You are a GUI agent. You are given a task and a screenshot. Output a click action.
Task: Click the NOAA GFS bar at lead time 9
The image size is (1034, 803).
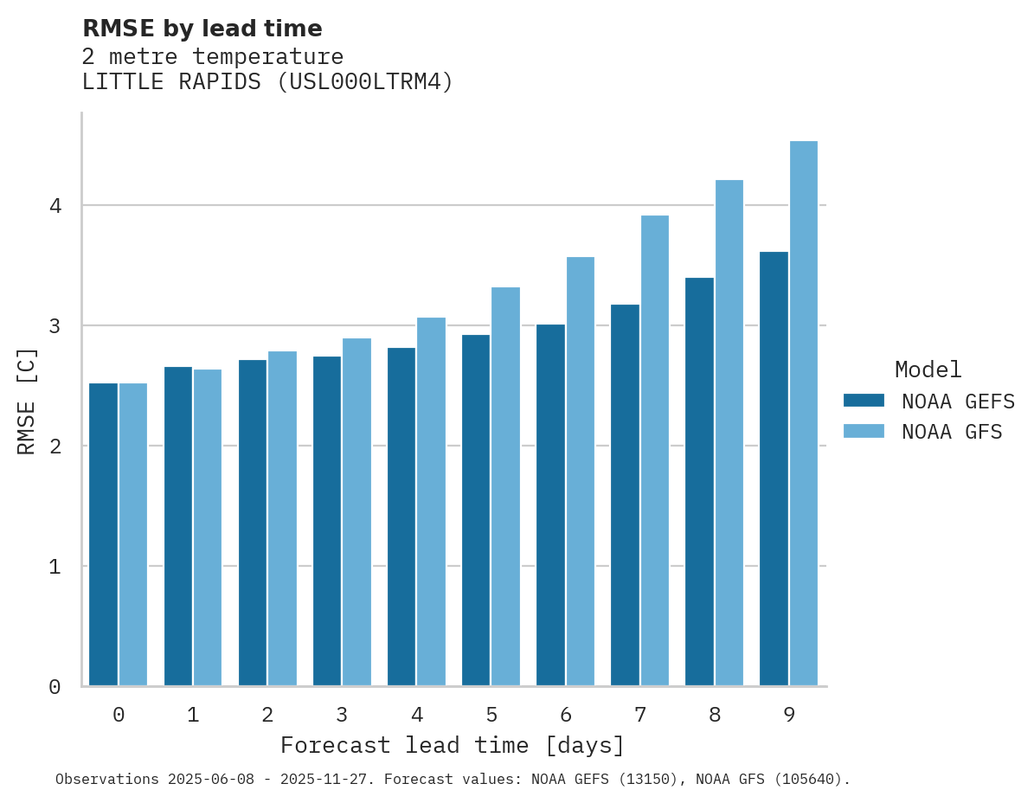(803, 414)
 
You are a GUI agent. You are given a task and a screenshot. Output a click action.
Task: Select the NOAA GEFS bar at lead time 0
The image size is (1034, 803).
(103, 534)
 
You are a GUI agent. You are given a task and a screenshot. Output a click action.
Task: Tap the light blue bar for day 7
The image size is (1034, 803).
(654, 450)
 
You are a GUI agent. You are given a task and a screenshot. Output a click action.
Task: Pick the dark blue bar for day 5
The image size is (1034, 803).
(475, 510)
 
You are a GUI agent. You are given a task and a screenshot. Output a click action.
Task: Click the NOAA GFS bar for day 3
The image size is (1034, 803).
(356, 511)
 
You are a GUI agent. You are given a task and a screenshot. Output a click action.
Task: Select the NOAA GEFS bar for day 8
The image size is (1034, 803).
(699, 481)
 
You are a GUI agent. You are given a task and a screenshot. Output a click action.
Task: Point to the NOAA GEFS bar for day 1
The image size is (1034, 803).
(177, 526)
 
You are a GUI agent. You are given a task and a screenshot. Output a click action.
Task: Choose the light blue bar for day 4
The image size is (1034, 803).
(431, 501)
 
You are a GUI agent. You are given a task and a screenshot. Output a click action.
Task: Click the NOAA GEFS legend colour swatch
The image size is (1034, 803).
(864, 401)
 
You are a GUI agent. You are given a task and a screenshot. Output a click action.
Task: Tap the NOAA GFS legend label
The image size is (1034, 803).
(952, 432)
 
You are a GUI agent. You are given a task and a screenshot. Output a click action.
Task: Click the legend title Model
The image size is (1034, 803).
(928, 370)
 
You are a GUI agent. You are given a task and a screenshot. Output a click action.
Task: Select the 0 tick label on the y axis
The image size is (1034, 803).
(55, 687)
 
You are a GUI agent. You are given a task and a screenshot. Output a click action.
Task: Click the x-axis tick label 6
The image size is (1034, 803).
(566, 715)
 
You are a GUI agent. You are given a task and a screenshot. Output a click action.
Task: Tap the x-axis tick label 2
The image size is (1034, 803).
(267, 715)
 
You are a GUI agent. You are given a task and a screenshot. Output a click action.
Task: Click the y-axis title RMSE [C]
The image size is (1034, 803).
(27, 401)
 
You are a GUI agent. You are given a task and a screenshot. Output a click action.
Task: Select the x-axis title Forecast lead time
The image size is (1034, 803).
(452, 745)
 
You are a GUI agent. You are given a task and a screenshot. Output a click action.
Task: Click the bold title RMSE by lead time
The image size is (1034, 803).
(202, 29)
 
